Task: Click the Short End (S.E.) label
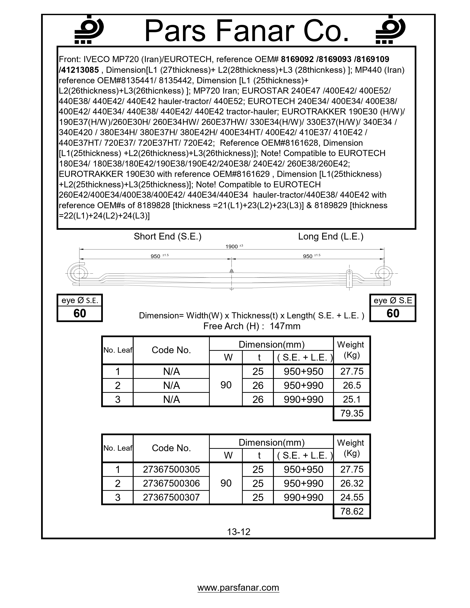tap(167, 236)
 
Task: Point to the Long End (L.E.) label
tap(330, 236)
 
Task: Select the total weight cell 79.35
tap(352, 413)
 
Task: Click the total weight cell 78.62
tap(352, 511)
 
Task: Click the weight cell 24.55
tap(352, 497)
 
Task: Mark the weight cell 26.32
tap(352, 483)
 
